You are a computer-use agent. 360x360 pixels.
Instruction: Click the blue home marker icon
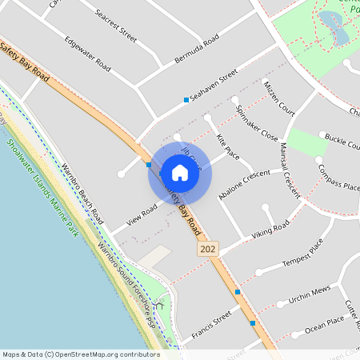(180, 172)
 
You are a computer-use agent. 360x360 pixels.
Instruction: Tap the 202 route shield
(207, 250)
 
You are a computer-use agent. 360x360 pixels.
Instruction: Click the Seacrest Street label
(115, 26)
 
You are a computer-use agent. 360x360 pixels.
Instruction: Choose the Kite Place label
(228, 147)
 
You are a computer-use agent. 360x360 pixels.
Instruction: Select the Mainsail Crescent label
(290, 165)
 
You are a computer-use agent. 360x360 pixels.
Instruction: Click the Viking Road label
(269, 231)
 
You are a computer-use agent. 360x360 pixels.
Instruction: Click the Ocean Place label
(324, 323)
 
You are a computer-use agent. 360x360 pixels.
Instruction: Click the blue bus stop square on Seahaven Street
(186, 100)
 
